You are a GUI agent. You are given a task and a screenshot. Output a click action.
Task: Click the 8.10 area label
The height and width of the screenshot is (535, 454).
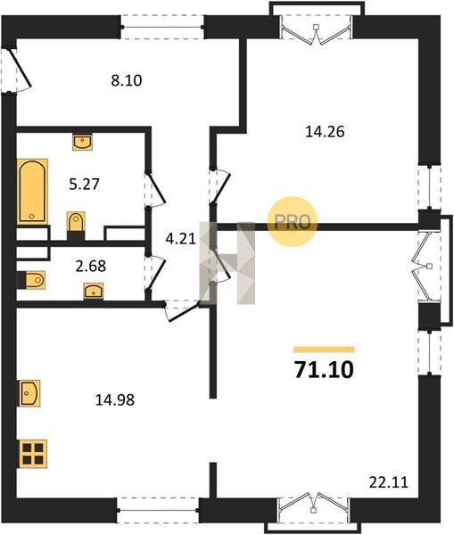tap(127, 80)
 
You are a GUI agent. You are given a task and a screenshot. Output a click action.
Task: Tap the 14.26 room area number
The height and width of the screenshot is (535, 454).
tap(325, 131)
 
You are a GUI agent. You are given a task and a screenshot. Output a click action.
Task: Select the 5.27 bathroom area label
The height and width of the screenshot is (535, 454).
tap(84, 185)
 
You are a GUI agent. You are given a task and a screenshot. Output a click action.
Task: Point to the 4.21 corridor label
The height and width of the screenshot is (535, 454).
tap(180, 238)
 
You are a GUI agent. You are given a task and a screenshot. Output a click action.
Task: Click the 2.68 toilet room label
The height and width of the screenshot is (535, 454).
tap(91, 266)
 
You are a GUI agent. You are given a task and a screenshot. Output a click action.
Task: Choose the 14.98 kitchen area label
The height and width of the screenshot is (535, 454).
tap(115, 399)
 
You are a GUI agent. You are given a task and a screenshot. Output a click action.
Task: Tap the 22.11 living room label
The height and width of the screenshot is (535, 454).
tap(389, 482)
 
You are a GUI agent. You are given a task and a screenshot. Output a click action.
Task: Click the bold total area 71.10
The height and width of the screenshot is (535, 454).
tap(324, 370)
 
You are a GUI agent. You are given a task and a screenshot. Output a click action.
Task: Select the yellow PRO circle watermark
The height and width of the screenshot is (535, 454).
tap(293, 222)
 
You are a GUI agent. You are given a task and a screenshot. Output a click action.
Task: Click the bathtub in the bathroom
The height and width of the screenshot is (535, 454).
tap(32, 192)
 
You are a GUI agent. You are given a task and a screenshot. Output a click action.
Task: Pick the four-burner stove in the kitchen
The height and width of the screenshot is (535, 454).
tap(33, 454)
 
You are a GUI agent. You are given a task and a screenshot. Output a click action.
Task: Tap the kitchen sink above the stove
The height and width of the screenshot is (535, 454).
tap(29, 393)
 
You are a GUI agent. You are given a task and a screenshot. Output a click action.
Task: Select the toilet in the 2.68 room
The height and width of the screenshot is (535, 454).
tap(32, 280)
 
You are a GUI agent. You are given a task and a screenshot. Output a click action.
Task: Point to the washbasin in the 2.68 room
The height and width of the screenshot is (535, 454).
tap(94, 291)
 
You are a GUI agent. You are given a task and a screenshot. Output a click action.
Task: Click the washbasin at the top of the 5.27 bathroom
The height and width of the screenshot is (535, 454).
tap(82, 141)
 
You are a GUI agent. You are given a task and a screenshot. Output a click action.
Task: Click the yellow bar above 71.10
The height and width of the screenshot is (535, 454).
tap(324, 350)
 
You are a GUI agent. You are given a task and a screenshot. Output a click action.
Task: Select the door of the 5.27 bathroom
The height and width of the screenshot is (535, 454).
tap(156, 189)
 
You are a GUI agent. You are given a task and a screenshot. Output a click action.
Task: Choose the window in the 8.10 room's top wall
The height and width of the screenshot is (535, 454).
tap(162, 27)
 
